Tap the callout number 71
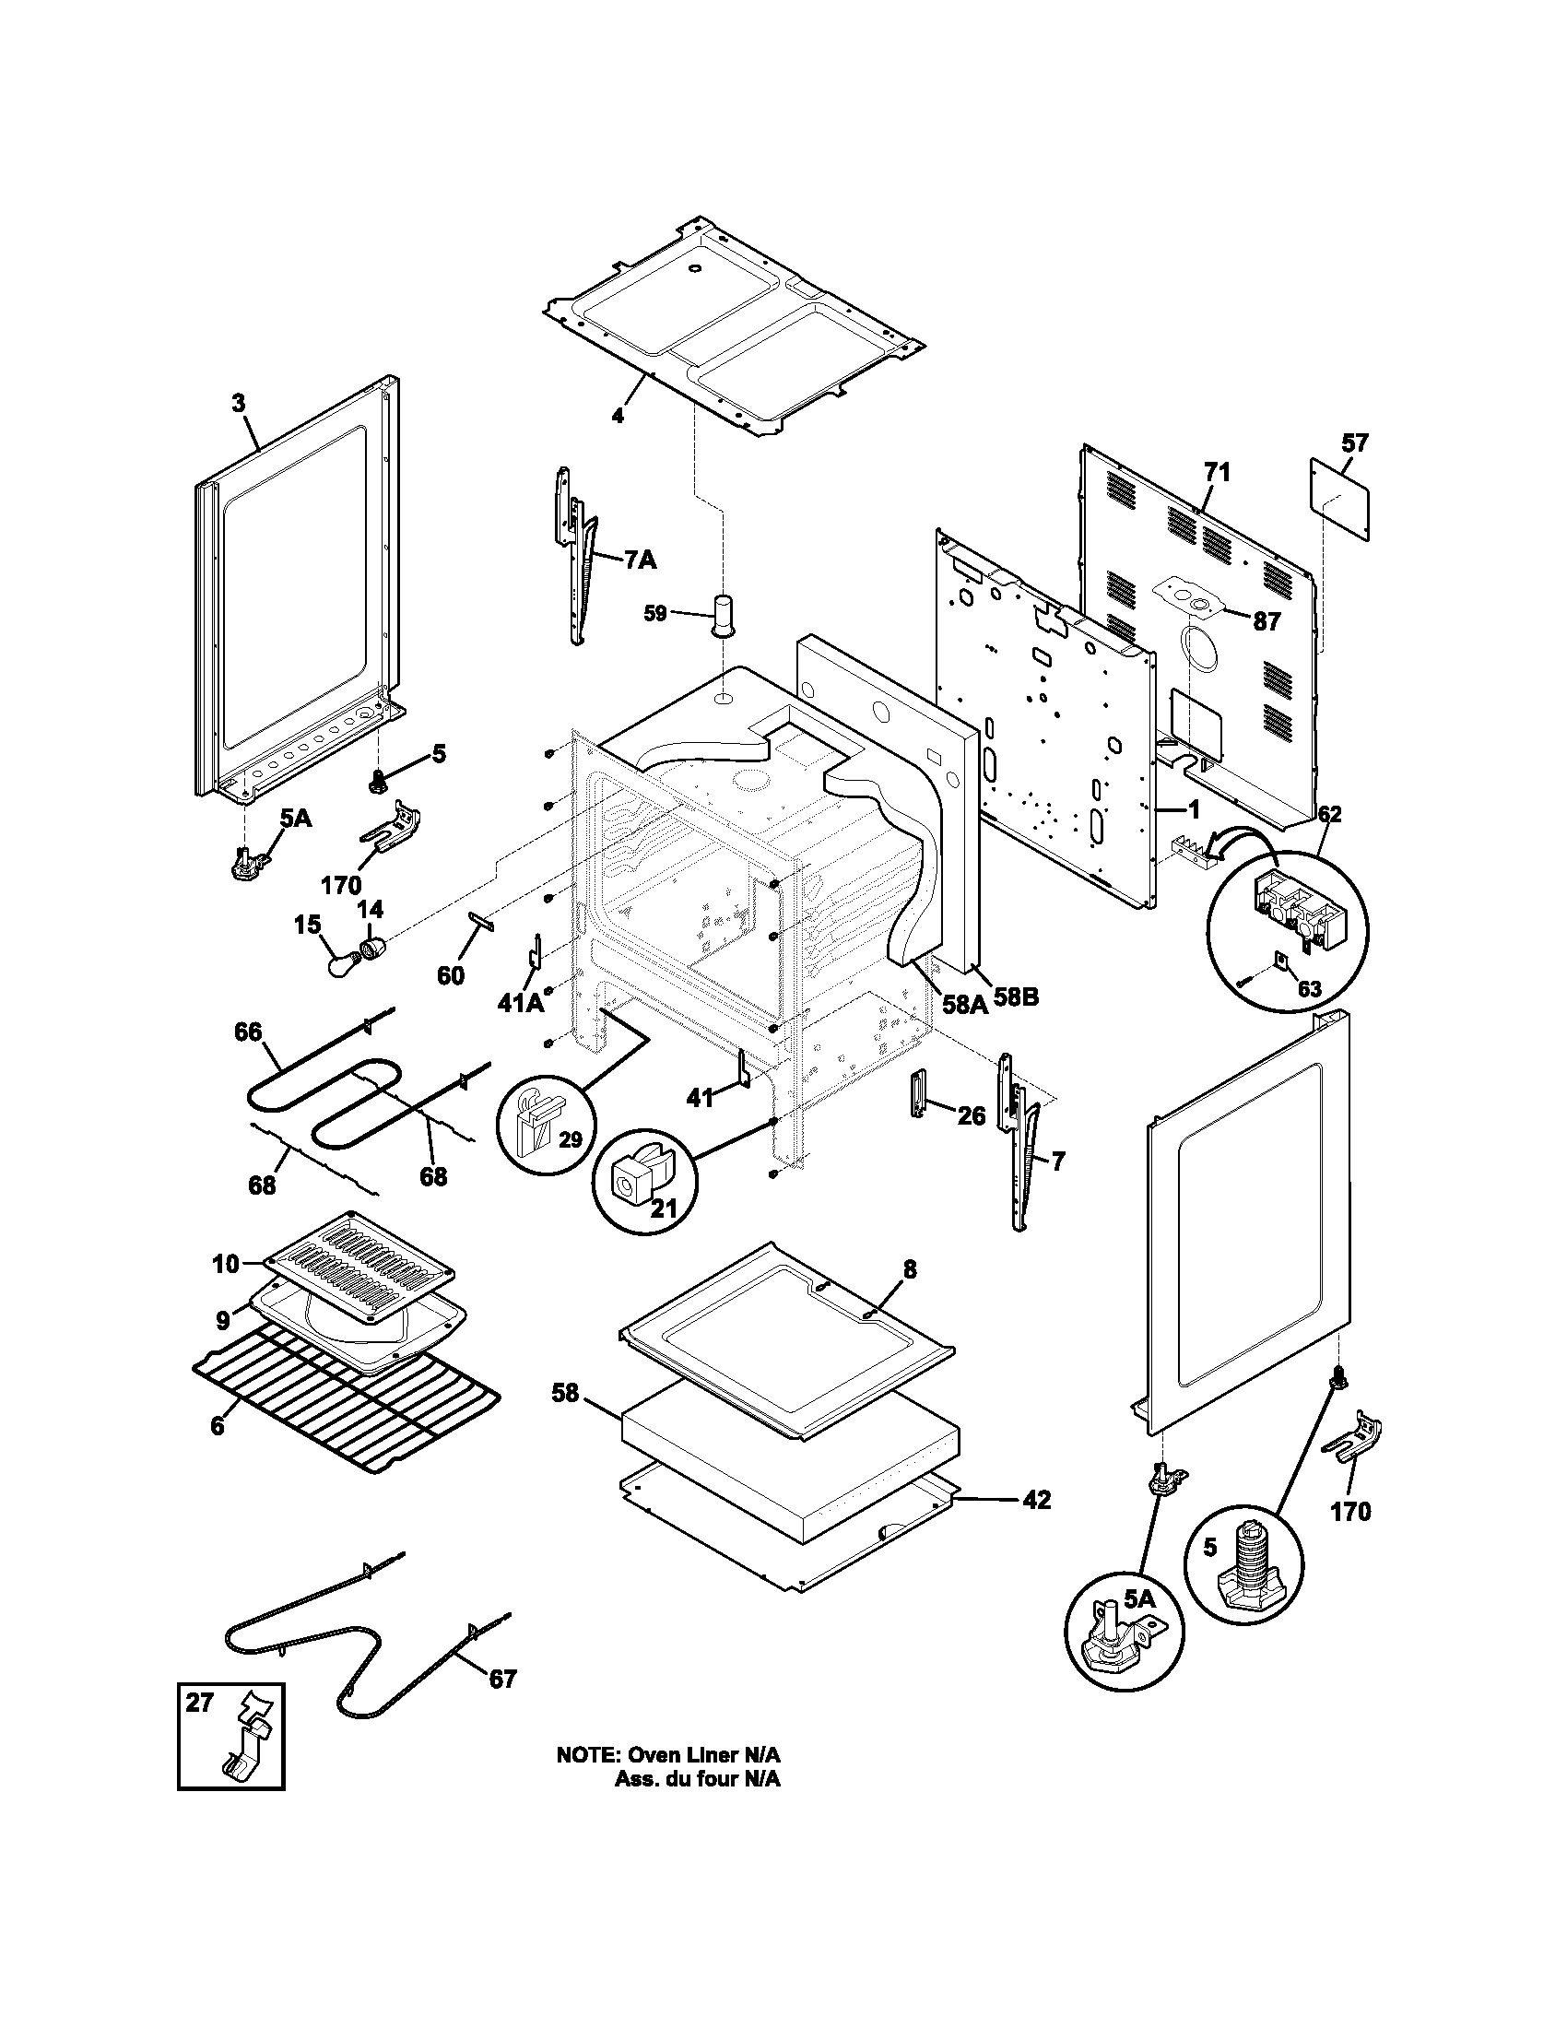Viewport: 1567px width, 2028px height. pos(1217,473)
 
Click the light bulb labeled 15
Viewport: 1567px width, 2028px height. pos(339,963)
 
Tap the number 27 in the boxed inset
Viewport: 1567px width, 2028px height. pos(200,1702)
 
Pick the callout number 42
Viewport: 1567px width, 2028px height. pos(1037,1500)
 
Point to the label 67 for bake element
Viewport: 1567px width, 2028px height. pos(502,1679)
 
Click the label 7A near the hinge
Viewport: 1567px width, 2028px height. pos(639,559)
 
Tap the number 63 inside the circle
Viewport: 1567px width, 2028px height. pos(1309,989)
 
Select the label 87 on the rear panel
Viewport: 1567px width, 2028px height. pos(1267,622)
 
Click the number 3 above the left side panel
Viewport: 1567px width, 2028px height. pos(239,403)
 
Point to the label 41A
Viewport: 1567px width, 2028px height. pos(522,1003)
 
